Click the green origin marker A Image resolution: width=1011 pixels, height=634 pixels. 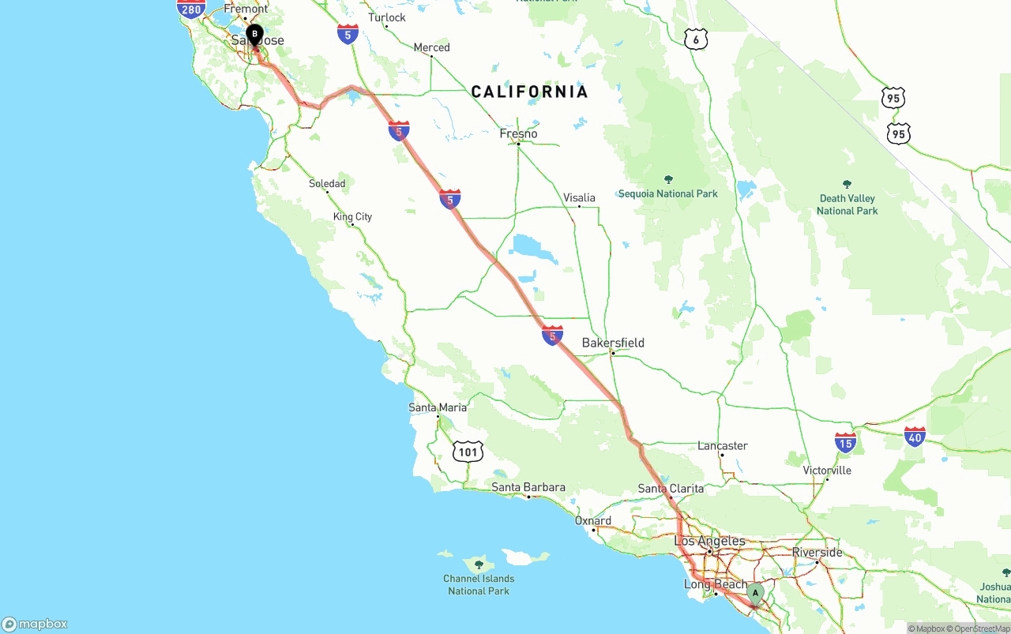coord(755,593)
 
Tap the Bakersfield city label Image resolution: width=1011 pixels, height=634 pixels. coord(613,343)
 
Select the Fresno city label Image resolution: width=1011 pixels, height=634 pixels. coord(518,133)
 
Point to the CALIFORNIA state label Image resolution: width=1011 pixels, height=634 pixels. coord(529,92)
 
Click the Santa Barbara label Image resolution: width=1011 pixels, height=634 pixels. coord(528,487)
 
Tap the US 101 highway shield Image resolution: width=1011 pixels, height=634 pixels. coord(468,452)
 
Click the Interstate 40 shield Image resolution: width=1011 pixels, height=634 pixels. coord(915,436)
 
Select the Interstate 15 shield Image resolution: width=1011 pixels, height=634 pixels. coord(845,442)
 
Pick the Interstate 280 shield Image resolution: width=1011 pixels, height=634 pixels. coord(191,9)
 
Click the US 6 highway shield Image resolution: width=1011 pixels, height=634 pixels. coord(696,39)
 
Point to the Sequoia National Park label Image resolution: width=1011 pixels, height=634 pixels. coord(668,193)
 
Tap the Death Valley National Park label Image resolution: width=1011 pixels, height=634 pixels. coord(848,204)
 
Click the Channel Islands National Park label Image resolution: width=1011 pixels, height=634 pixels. coord(479,584)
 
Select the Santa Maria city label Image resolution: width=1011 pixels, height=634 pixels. coord(438,407)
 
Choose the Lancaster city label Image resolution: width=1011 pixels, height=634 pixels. coord(722,445)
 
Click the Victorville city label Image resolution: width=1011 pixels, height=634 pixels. coord(827,470)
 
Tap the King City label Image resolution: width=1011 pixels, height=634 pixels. coord(352,216)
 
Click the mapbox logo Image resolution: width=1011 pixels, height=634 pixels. coord(35,624)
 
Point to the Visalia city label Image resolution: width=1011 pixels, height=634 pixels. coord(579,197)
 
